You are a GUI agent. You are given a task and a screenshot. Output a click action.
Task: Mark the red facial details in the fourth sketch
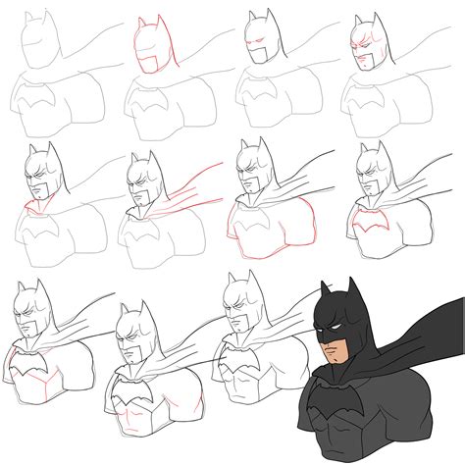click(364, 46)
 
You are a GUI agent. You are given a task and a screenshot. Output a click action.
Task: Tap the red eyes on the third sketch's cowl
click(257, 44)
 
